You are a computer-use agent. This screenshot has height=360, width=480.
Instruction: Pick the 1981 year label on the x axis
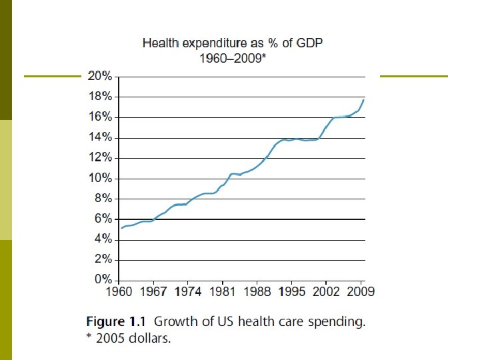tap(224, 292)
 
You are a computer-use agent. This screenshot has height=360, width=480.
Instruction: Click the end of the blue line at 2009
tap(363, 99)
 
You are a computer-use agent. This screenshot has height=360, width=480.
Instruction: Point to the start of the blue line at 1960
tap(121, 228)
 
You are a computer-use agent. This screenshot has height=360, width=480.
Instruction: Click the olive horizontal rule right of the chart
tap(413, 77)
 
